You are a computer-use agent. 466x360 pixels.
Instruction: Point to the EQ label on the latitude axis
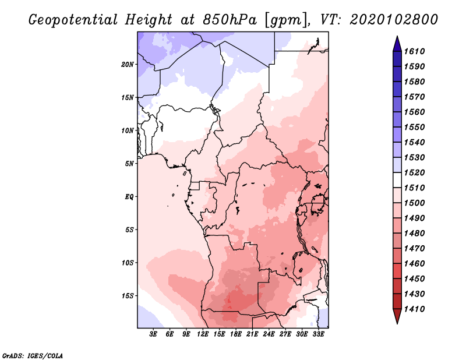point(129,196)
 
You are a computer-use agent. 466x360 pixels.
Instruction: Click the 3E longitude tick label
point(154,334)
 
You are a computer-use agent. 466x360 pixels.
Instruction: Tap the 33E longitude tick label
point(319,334)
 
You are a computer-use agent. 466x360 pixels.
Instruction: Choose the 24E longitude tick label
point(269,334)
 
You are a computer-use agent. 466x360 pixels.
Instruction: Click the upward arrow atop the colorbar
point(397,43)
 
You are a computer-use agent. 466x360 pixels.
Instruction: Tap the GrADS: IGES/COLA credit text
point(24,355)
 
